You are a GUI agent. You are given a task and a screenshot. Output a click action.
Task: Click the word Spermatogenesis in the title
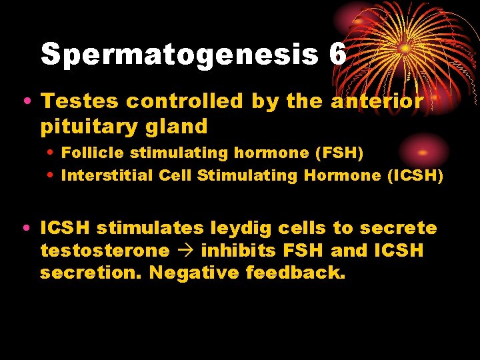[x=179, y=54]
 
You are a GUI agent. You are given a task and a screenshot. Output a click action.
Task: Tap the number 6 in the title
[x=337, y=54]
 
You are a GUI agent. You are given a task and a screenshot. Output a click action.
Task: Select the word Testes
[x=80, y=101]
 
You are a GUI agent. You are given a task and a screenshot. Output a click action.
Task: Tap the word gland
[x=181, y=126]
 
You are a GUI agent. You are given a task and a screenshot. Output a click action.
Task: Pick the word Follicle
[x=93, y=153]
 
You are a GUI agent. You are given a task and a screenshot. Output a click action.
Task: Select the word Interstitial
[x=107, y=175]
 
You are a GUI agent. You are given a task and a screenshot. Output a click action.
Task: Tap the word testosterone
[x=105, y=251]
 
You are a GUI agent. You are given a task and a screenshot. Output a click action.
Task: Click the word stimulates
[x=151, y=229]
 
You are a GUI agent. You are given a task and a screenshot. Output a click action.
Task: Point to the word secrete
[x=399, y=229]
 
